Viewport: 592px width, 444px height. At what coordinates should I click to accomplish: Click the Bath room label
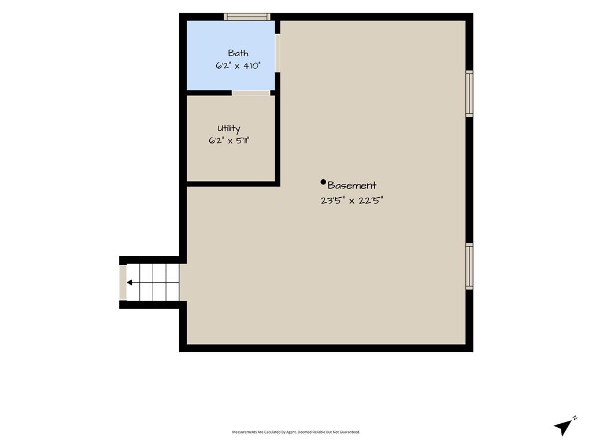tap(238, 53)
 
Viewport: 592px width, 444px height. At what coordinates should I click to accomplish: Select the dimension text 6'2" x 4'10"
tap(238, 66)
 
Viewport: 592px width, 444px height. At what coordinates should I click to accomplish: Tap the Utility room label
tap(229, 129)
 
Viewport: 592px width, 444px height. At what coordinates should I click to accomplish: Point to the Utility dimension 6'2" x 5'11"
tap(229, 141)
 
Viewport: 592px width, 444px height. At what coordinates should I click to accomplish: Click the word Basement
tap(352, 186)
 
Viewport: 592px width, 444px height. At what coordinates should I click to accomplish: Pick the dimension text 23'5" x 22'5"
tap(352, 201)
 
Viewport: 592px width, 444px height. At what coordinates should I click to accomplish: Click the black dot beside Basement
tap(323, 182)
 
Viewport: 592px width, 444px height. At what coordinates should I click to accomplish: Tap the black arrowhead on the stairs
tap(129, 282)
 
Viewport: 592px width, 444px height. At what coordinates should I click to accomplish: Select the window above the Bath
tap(247, 17)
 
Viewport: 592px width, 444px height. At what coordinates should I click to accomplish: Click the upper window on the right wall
tap(469, 94)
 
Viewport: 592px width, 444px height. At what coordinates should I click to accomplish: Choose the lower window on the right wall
tap(469, 267)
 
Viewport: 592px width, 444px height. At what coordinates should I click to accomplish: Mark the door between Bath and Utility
tap(251, 93)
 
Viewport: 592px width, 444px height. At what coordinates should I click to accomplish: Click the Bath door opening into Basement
tap(277, 53)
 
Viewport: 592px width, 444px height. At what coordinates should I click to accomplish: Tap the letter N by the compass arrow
tap(575, 417)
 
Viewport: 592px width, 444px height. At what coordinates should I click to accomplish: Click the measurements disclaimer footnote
tap(296, 432)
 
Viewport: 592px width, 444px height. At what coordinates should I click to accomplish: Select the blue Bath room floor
tap(231, 55)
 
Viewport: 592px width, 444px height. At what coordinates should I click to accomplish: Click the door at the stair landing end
tap(123, 282)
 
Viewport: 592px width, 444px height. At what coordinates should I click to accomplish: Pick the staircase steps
tap(153, 282)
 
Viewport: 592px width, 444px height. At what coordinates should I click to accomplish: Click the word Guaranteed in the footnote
tap(351, 432)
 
